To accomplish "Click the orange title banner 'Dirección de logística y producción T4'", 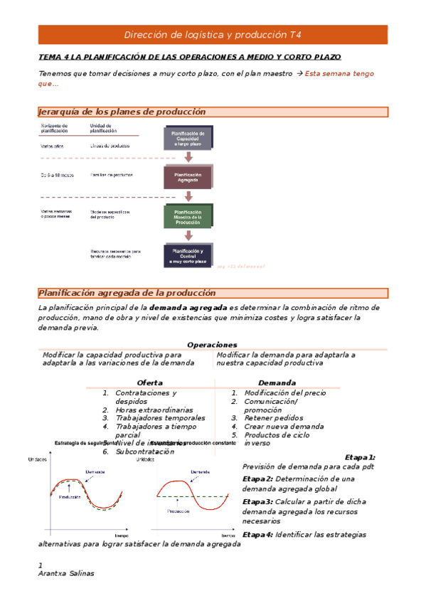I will pyautogui.click(x=213, y=34).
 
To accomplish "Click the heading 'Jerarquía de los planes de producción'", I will pyautogui.click(x=122, y=112).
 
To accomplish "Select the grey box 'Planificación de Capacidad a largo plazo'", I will pyautogui.click(x=188, y=138).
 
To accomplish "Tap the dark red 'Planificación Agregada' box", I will pyautogui.click(x=188, y=177).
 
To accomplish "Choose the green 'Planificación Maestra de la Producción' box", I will pyautogui.click(x=188, y=216).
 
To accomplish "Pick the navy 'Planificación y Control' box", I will pyautogui.click(x=188, y=255).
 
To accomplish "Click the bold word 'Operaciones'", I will pyautogui.click(x=212, y=345).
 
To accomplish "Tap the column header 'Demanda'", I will pyautogui.click(x=277, y=383).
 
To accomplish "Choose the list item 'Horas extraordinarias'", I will pyautogui.click(x=154, y=410).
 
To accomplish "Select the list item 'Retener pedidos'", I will pyautogui.click(x=274, y=418).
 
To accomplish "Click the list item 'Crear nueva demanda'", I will pyautogui.click(x=284, y=427).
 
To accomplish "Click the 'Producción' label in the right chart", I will pyautogui.click(x=178, y=511).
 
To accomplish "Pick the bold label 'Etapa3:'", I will pyautogui.click(x=257, y=502).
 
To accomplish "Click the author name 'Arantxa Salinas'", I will pyautogui.click(x=65, y=574).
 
